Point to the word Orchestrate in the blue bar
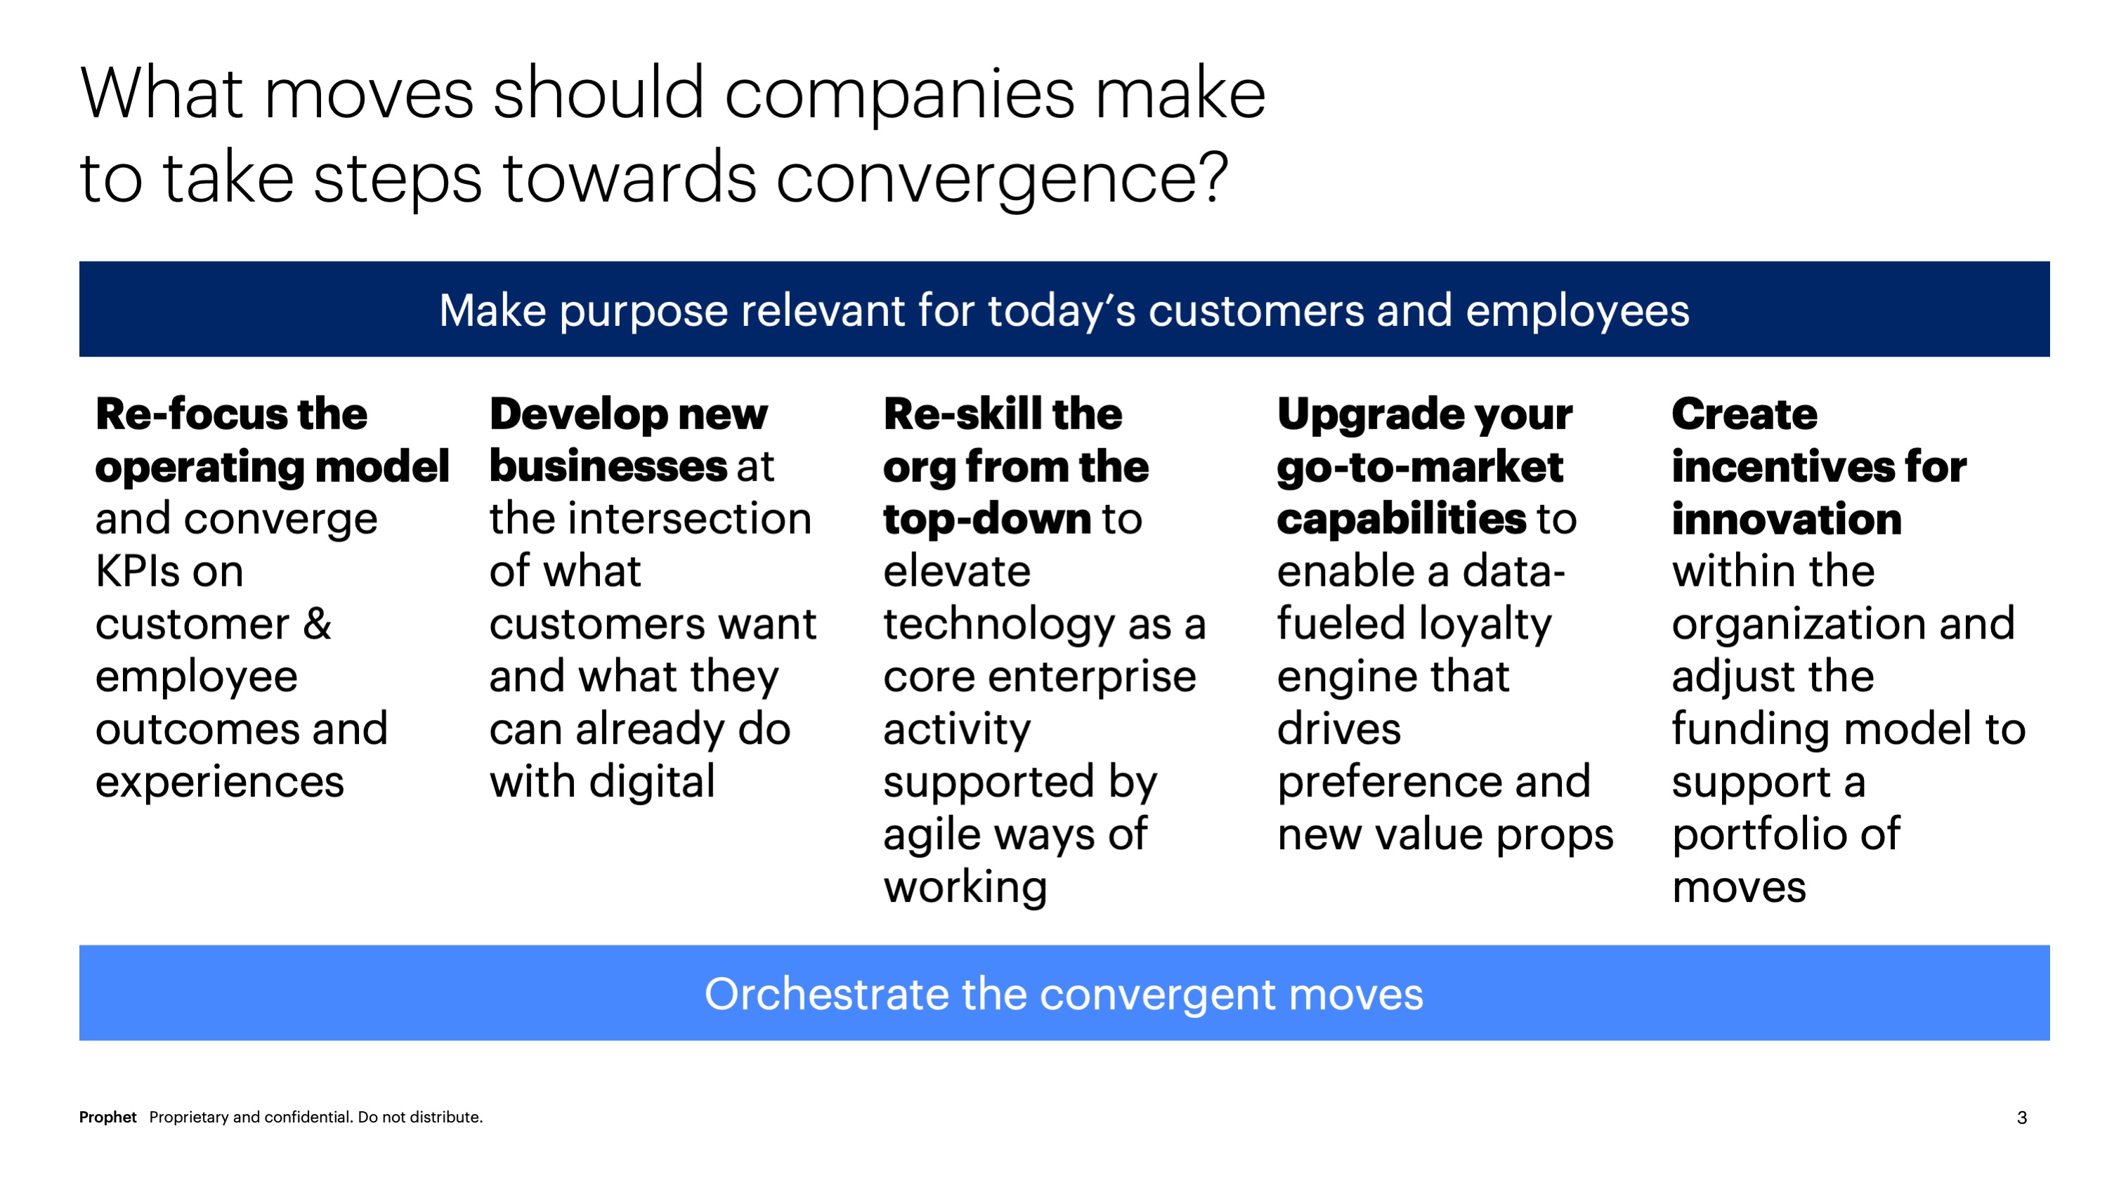point(826,994)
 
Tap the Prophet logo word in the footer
point(107,1117)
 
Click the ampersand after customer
point(318,624)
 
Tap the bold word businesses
point(608,466)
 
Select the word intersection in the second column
point(686,518)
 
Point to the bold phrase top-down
point(987,520)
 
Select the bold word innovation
point(1787,519)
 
